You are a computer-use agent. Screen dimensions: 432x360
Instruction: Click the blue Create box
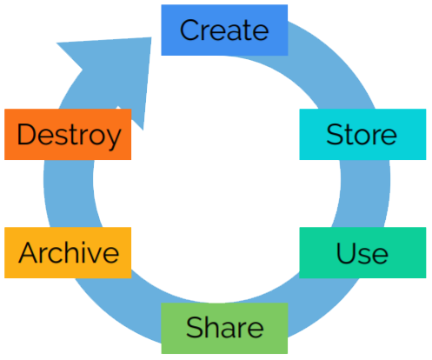(x=224, y=30)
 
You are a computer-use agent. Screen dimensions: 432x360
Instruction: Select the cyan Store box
(x=362, y=134)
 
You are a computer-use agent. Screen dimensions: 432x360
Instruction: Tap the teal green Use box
(x=362, y=252)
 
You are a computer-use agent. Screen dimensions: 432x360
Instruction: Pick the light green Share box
(x=224, y=328)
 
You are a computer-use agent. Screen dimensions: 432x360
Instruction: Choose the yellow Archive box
(x=68, y=252)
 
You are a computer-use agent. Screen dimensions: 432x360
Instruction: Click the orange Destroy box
(x=68, y=134)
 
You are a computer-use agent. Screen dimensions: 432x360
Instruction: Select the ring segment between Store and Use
(x=364, y=193)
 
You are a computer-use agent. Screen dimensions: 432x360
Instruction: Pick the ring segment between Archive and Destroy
(x=69, y=193)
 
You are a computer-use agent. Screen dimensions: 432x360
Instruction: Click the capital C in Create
(x=189, y=30)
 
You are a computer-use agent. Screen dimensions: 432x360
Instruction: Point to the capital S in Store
(x=335, y=134)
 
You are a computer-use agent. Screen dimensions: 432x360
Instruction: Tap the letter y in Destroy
(x=113, y=138)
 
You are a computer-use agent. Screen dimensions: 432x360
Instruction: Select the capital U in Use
(x=346, y=252)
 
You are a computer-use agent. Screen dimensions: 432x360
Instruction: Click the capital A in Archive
(x=29, y=252)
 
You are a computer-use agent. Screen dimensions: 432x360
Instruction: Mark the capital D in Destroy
(x=26, y=134)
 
